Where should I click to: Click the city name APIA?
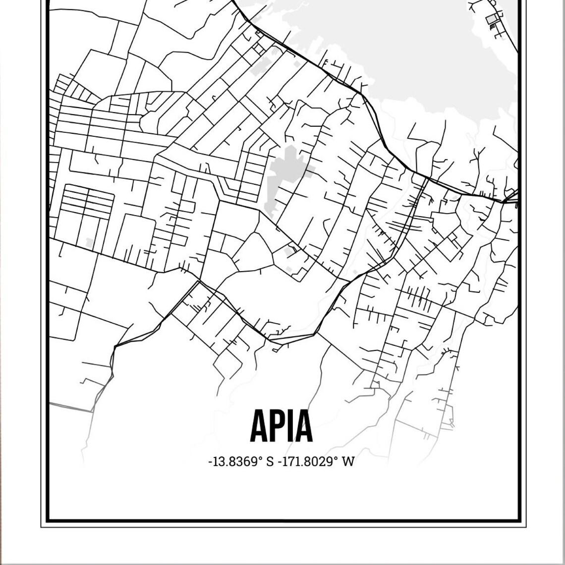pos(282,426)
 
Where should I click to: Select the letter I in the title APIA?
pos(293,426)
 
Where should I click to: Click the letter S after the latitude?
pos(270,462)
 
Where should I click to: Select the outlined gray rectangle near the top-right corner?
pos(492,19)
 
